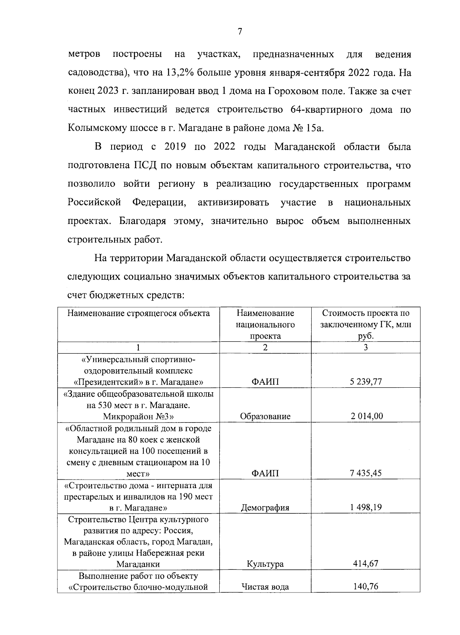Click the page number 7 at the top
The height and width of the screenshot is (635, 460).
[240, 32]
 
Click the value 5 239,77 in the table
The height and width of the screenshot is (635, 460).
[365, 382]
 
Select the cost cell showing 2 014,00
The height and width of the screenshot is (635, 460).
[365, 416]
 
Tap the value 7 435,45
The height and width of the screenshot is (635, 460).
[365, 473]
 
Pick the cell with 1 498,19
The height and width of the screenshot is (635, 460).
[365, 507]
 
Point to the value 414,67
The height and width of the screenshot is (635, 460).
[365, 564]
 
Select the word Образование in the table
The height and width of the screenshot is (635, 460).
[265, 416]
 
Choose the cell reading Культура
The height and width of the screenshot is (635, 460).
[265, 564]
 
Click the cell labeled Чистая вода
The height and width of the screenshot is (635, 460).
[265, 587]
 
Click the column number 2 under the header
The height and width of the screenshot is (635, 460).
[265, 347]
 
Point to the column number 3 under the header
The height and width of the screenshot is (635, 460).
[365, 347]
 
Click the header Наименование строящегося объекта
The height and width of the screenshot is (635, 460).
[138, 313]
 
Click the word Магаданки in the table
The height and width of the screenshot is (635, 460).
[138, 564]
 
